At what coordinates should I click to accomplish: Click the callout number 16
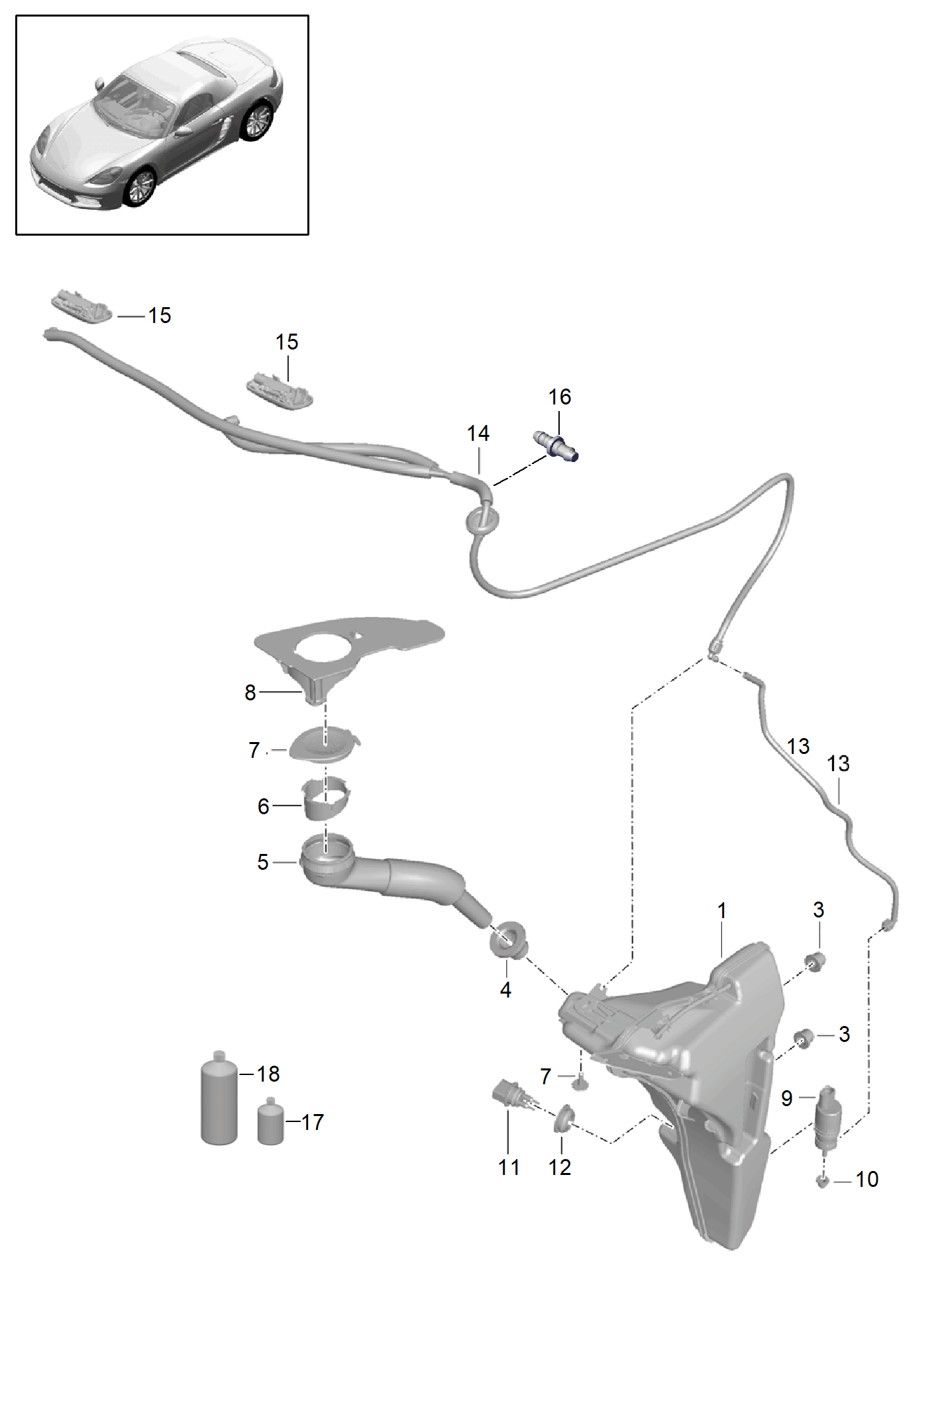tap(559, 397)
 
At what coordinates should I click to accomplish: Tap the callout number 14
tap(478, 434)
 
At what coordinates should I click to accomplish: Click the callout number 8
tap(250, 692)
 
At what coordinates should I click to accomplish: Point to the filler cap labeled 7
tap(325, 744)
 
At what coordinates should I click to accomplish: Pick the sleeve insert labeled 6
tap(325, 798)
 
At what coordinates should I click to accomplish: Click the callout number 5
tap(262, 862)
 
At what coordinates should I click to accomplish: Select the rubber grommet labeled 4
tap(509, 940)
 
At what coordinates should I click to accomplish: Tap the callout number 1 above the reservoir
tap(722, 911)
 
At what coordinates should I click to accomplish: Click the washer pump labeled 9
tap(828, 1117)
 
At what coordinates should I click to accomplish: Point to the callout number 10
tap(866, 1179)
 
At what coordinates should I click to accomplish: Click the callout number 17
tap(312, 1122)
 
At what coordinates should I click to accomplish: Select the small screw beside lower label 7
tap(580, 1083)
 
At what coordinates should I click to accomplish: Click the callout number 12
tap(560, 1167)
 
